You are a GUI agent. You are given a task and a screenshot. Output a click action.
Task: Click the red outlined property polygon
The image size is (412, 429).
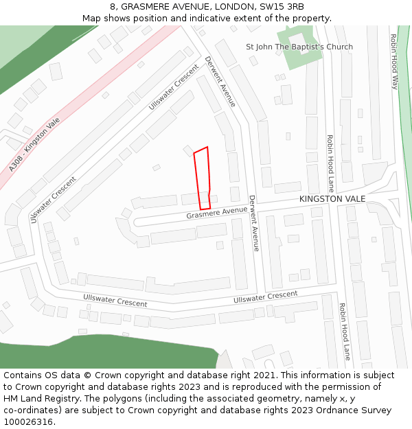click(x=202, y=179)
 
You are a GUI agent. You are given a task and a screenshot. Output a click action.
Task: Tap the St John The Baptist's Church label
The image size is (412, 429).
click(x=299, y=47)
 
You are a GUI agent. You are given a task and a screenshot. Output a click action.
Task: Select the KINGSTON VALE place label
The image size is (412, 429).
click(x=332, y=198)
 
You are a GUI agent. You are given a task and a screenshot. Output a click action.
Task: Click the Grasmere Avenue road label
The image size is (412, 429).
click(x=216, y=213)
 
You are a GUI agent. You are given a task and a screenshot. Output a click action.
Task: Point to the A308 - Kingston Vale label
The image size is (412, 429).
click(x=34, y=145)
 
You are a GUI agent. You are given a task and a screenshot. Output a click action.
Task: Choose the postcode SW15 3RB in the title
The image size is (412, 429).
click(x=282, y=7)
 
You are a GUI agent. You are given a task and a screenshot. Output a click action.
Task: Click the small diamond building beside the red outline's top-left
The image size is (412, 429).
click(x=187, y=150)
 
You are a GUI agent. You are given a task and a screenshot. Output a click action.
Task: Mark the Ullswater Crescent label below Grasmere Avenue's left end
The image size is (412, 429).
click(x=115, y=300)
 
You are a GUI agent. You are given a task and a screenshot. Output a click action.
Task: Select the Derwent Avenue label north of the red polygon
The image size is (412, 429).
click(x=220, y=81)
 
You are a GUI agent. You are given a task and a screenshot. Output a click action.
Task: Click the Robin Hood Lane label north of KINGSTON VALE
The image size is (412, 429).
click(x=330, y=163)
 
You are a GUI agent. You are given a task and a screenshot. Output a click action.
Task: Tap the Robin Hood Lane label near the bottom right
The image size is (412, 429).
click(x=345, y=332)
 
